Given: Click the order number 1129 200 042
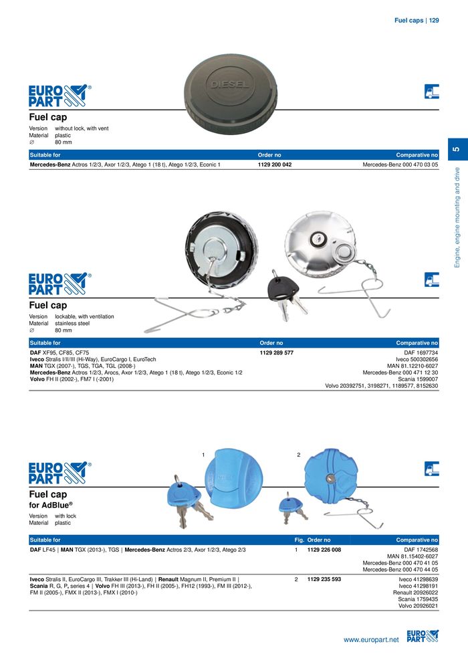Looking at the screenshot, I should point(275,164).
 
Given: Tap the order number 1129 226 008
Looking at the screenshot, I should point(324,549).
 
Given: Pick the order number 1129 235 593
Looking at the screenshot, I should point(324,579).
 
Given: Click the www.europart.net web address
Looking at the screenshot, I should point(371,640).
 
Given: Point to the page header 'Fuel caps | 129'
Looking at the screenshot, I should point(417,21).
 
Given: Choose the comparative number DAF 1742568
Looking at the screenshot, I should point(421,549).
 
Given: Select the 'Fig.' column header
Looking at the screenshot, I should point(300,540).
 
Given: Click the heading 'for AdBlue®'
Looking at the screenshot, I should point(51,506).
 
